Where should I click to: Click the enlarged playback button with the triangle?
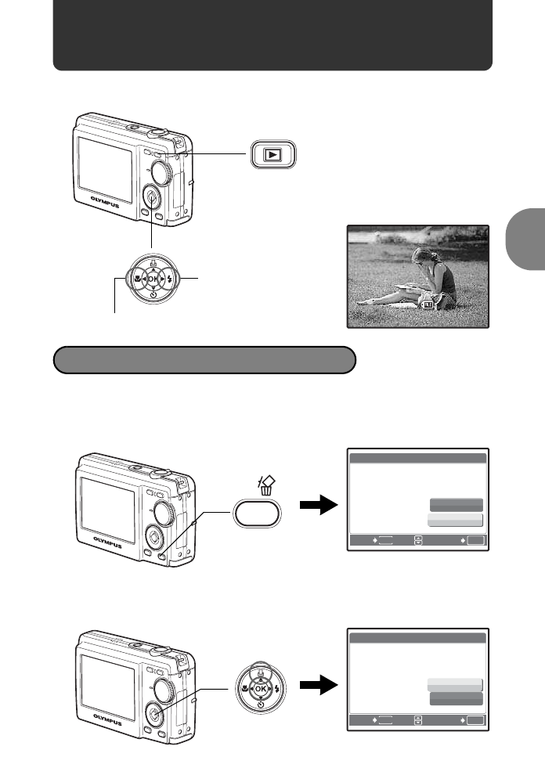coord(271,155)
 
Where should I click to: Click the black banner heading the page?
coord(272,35)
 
